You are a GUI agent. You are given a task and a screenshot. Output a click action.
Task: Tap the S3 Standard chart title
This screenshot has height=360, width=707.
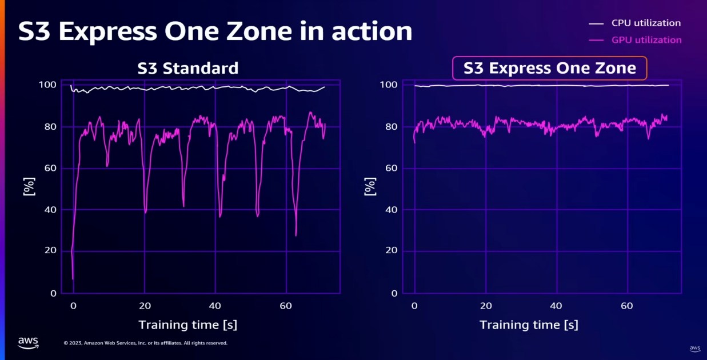pos(187,69)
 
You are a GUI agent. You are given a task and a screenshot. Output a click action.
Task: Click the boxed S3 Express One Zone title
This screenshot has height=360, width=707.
pos(549,69)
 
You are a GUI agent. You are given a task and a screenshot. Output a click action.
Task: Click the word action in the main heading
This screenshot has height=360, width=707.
pos(372,31)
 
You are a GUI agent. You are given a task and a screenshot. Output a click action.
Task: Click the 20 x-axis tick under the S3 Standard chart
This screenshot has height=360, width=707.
pos(145,306)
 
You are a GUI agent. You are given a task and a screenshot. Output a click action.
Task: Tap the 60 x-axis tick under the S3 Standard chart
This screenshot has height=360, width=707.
pos(286,306)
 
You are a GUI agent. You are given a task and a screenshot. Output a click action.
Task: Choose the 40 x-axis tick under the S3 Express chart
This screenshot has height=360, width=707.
pos(556,306)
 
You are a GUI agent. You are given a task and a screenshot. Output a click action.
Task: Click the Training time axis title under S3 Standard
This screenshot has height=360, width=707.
pos(187,325)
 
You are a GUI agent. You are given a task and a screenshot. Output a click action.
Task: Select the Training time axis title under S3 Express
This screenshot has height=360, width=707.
pos(529,325)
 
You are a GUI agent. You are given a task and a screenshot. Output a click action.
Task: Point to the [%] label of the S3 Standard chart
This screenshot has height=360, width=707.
pos(29,186)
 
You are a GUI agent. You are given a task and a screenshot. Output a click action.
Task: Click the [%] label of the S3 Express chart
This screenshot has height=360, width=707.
pos(370,186)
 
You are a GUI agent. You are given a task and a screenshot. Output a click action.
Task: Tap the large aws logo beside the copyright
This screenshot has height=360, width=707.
pos(28,342)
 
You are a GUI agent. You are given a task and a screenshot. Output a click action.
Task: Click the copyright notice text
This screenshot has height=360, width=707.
pos(145,343)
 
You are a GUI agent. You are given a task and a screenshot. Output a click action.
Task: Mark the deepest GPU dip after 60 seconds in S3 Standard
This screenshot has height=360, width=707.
pos(295,234)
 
